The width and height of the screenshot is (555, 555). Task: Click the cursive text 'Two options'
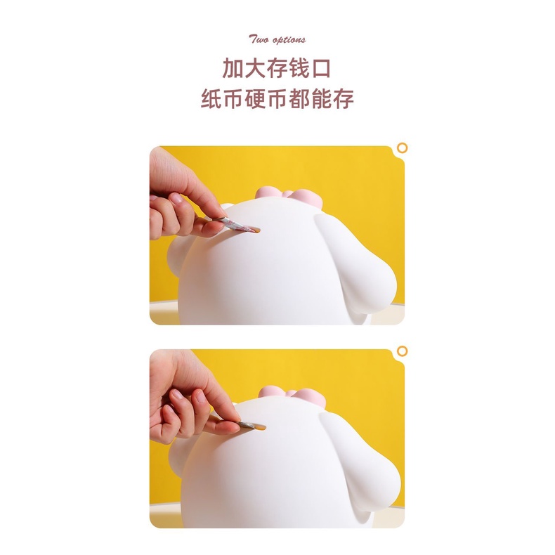(277, 39)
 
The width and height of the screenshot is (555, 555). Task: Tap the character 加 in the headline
(233, 68)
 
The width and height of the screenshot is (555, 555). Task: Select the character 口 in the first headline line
(321, 69)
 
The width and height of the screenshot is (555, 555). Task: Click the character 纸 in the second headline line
(211, 98)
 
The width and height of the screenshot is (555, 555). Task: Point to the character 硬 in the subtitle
(255, 98)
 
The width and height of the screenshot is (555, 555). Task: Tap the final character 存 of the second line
(344, 98)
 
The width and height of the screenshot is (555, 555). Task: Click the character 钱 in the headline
(299, 68)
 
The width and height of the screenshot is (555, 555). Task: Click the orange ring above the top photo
(402, 148)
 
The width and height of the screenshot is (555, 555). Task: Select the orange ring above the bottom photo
(402, 351)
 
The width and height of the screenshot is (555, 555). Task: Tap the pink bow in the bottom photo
(292, 396)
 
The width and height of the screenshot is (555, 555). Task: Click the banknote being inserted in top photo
(237, 225)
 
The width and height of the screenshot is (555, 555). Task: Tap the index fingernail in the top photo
(176, 198)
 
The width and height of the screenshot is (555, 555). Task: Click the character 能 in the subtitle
(321, 98)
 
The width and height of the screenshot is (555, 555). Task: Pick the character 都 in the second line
(299, 98)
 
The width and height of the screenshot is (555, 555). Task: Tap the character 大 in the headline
(255, 68)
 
